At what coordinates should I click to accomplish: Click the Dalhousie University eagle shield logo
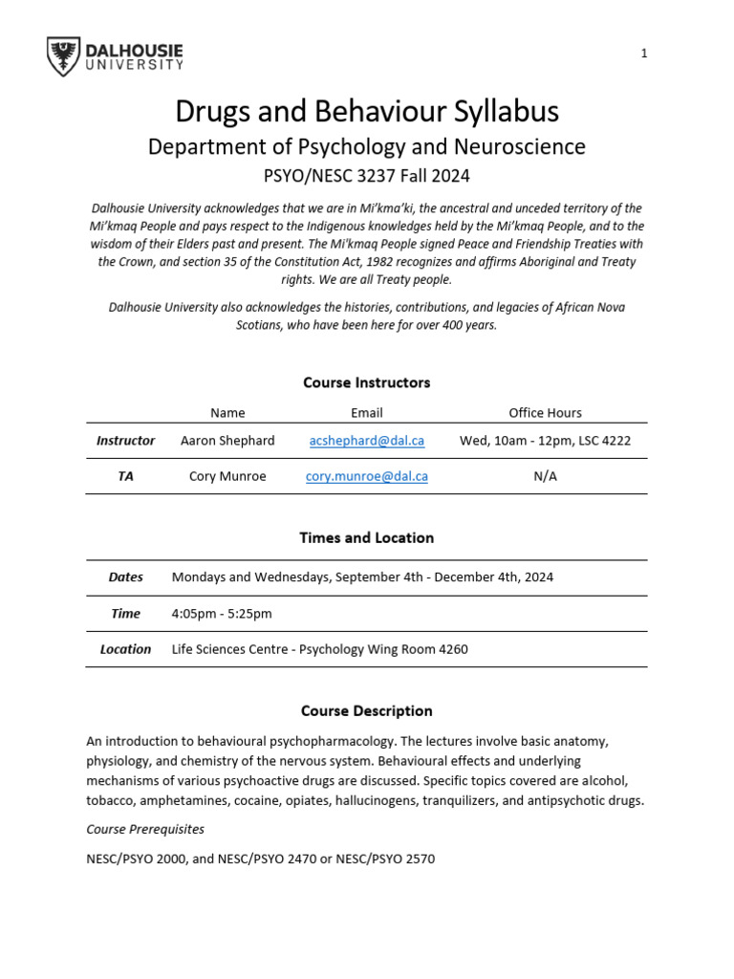tap(63, 56)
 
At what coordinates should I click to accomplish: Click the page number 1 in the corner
tap(644, 54)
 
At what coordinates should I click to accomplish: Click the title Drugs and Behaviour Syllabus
tap(366, 112)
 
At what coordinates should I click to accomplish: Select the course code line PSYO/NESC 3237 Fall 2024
tap(366, 177)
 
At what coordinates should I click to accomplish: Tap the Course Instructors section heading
tap(366, 382)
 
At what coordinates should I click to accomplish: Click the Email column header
tap(366, 413)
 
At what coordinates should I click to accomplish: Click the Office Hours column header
tap(545, 413)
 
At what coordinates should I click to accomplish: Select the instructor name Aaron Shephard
tap(227, 441)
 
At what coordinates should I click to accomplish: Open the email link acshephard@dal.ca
tap(366, 441)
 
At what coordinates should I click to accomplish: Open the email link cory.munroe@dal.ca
tap(366, 476)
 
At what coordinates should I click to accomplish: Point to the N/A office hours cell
tap(545, 476)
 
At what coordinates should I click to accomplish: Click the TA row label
tap(125, 476)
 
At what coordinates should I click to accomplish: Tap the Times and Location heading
tap(366, 538)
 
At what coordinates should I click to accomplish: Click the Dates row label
tap(125, 577)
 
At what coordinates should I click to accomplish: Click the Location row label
tap(125, 649)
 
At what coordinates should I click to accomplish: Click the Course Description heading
tap(366, 711)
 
